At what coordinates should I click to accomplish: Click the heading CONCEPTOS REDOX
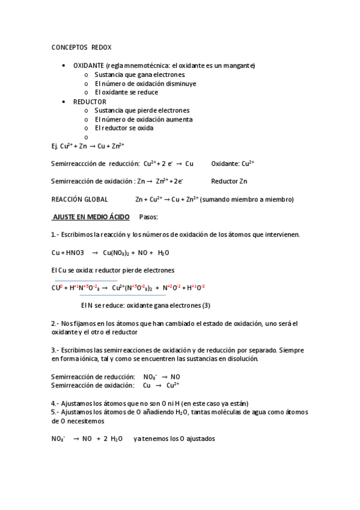tap(81, 46)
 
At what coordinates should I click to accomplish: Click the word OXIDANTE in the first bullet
tap(88, 65)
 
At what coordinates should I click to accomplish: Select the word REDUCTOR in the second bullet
tap(90, 102)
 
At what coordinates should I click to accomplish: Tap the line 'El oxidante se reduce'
tap(126, 92)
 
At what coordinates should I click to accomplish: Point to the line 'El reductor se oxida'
tap(124, 128)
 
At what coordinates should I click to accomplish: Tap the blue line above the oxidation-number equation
tap(86, 280)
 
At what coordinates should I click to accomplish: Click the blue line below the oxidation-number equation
tap(122, 295)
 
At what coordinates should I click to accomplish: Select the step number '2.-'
tap(55, 324)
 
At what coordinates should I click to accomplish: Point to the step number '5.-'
tap(55, 412)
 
